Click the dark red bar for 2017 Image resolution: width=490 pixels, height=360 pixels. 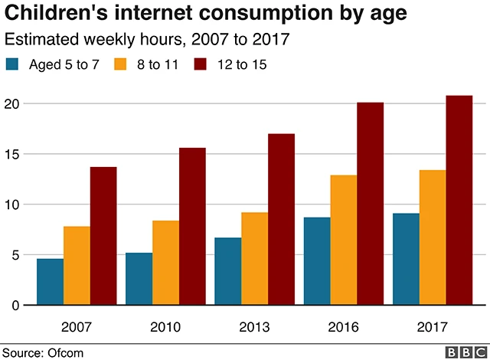[459, 201]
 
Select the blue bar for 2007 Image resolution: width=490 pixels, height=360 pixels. [51, 282]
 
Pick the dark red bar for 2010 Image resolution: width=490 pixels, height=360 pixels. [192, 227]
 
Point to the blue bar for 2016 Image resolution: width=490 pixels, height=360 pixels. [318, 261]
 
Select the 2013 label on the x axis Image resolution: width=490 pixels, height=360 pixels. [255, 327]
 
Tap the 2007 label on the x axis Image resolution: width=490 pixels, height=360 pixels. [77, 327]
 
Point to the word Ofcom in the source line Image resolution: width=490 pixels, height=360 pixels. [67, 352]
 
